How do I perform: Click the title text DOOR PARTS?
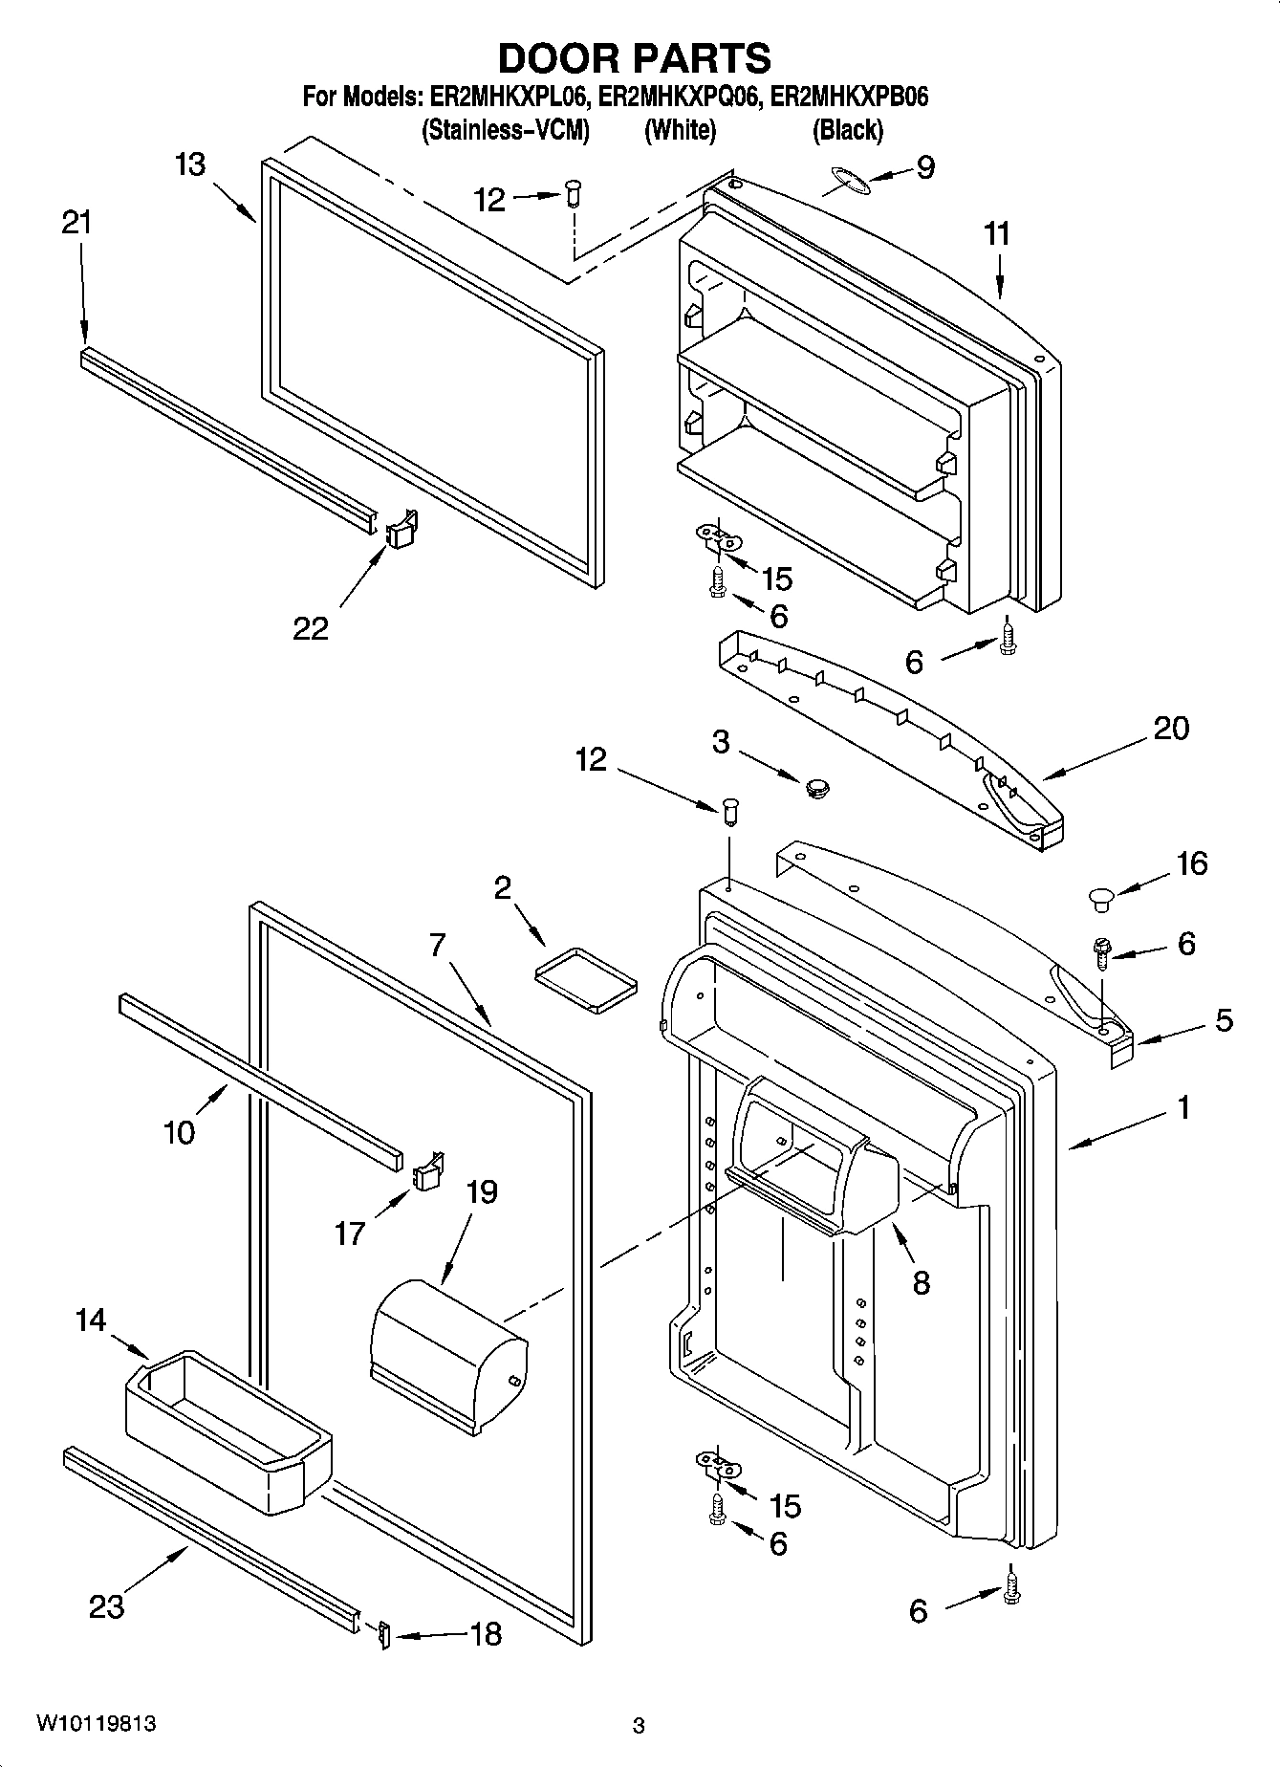tap(634, 59)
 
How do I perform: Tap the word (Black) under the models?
tap(847, 130)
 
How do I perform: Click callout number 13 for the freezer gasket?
tap(190, 164)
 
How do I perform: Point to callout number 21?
tap(76, 223)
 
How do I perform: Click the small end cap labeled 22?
tap(401, 528)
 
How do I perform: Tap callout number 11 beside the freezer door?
tap(997, 234)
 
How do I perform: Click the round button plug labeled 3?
tap(815, 788)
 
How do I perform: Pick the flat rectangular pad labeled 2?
tap(585, 977)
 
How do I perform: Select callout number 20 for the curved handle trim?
tap(1171, 729)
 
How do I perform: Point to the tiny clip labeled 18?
tap(384, 1635)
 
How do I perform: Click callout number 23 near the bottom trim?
tap(106, 1605)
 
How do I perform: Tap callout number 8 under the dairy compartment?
tap(921, 1282)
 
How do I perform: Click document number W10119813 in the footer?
tap(97, 1724)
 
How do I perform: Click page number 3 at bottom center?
tap(639, 1727)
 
